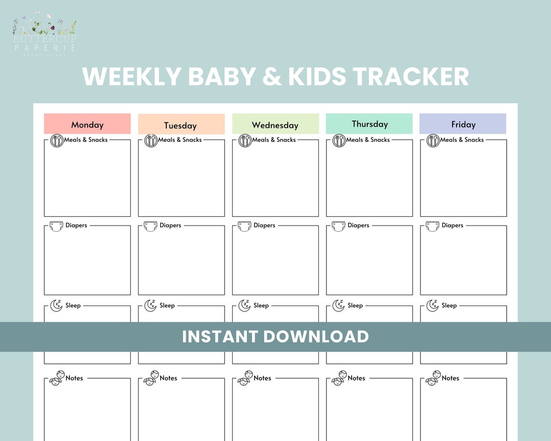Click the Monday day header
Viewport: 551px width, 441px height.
[x=87, y=124]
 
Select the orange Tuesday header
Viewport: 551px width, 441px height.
[x=181, y=125]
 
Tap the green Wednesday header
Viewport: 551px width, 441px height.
[x=275, y=125]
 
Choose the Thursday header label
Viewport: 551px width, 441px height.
[x=369, y=124]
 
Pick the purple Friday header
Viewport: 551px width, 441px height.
[x=463, y=124]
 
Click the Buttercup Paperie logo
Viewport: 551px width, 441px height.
[x=45, y=35]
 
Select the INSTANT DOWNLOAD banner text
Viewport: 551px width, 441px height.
[x=275, y=336]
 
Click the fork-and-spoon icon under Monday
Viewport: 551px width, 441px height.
[x=57, y=140]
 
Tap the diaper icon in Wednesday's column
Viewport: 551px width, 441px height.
[x=244, y=226]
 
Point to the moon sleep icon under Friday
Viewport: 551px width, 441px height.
[x=433, y=305]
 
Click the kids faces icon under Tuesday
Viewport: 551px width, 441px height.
[x=151, y=378]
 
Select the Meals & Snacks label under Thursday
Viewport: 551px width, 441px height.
[x=368, y=140]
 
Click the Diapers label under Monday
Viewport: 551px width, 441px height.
[x=77, y=225]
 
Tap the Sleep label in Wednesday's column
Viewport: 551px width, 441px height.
[x=261, y=305]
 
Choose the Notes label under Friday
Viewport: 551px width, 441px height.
[x=450, y=378]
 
